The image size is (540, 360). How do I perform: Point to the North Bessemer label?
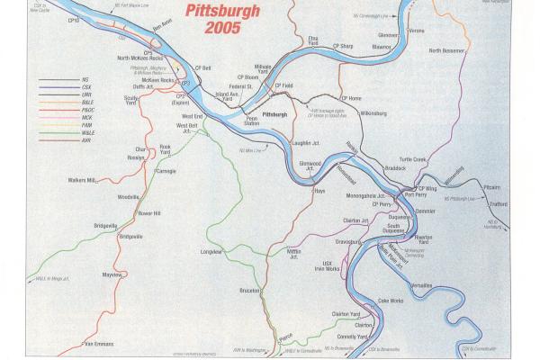click(447, 50)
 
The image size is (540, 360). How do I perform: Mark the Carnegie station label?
click(169, 169)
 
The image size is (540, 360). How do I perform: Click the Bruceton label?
click(249, 291)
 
